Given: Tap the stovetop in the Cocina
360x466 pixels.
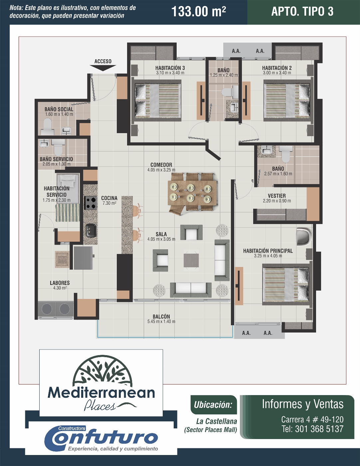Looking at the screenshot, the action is coord(90,203).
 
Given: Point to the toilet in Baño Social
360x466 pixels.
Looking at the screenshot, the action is coord(47,127).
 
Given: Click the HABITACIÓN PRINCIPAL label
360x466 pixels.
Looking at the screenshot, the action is coord(268,251).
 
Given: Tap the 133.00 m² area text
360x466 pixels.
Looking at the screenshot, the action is coord(199,11).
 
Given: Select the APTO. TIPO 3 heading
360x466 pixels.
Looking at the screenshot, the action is coord(302,11).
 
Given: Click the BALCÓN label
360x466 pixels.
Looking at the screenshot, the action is coord(161,317).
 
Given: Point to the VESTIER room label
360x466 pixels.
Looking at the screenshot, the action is coord(276,196).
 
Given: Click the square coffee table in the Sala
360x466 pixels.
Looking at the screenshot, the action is coord(191,260).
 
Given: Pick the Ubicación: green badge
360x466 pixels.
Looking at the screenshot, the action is coord(214,405).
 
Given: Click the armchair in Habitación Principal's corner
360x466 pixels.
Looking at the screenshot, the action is coord(304,237).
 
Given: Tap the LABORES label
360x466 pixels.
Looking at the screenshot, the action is coord(60,283).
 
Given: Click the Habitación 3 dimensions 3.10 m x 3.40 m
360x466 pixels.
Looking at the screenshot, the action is coord(170,73).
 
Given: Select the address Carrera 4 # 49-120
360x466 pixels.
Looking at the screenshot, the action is coord(312,419).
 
